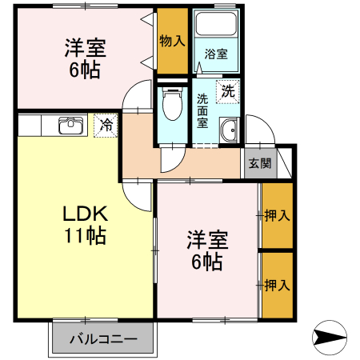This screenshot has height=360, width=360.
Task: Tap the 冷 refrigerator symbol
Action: pyautogui.click(x=106, y=125)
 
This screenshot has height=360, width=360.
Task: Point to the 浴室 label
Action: pyautogui.click(x=215, y=54)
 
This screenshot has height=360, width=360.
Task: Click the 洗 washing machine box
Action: pyautogui.click(x=229, y=91)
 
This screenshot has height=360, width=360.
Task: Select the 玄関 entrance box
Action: pyautogui.click(x=258, y=164)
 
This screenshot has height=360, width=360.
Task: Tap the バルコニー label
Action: pyautogui.click(x=102, y=338)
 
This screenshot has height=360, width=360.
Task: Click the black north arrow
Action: pyautogui.click(x=330, y=337)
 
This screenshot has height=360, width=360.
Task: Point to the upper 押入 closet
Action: pyautogui.click(x=277, y=216)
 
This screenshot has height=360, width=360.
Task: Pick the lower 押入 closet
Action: pyautogui.click(x=277, y=285)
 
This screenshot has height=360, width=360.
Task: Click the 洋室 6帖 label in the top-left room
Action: pyautogui.click(x=85, y=59)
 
